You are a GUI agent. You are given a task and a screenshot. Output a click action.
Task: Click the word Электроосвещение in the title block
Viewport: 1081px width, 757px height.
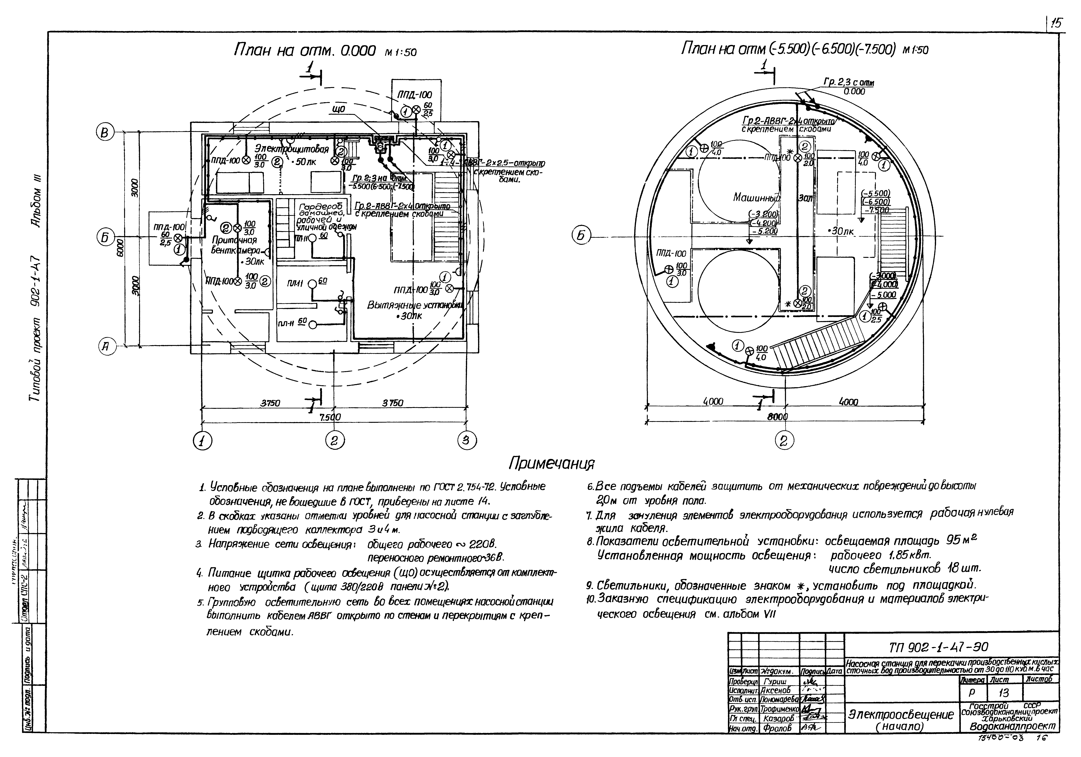pos(900,715)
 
